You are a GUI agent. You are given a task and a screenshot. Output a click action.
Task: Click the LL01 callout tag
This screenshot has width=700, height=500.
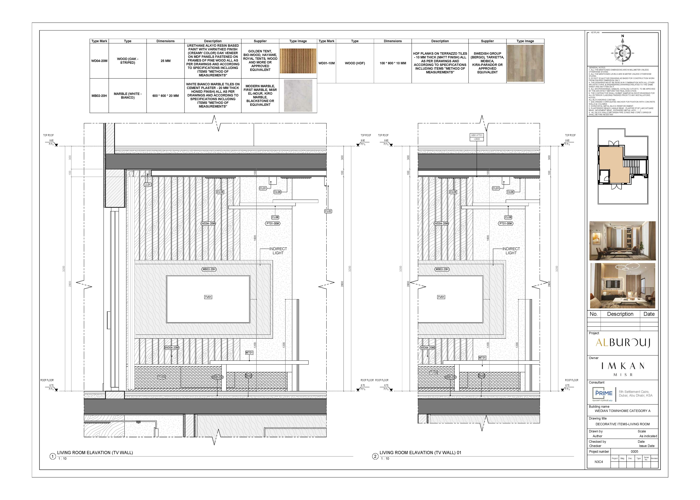coord(148,185)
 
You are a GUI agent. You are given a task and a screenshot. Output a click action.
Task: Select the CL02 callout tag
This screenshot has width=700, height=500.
coord(328,211)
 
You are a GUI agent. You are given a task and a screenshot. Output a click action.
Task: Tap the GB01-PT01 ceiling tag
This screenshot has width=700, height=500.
coord(477,135)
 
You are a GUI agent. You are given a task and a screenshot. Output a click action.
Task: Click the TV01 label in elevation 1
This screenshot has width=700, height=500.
coord(208,297)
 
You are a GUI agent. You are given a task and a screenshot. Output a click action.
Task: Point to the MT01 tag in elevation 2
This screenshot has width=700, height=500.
coord(482,358)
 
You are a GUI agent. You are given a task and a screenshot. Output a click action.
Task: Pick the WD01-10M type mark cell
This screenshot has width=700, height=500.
coord(326,63)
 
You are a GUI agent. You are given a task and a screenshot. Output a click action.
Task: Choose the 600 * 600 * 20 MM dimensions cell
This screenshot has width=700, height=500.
coord(166,96)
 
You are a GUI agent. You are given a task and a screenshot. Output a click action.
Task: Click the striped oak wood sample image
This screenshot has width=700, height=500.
coord(298,61)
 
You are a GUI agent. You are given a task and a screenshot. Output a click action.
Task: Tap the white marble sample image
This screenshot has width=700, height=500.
coord(298,96)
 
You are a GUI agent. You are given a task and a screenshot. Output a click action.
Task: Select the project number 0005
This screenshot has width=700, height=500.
coord(635,452)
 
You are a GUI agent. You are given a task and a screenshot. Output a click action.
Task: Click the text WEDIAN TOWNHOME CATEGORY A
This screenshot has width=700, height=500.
coord(622,411)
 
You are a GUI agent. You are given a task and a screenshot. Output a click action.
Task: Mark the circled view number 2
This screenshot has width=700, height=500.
coord(375,456)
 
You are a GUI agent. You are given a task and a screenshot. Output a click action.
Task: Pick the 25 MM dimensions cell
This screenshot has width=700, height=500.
coord(166,61)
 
